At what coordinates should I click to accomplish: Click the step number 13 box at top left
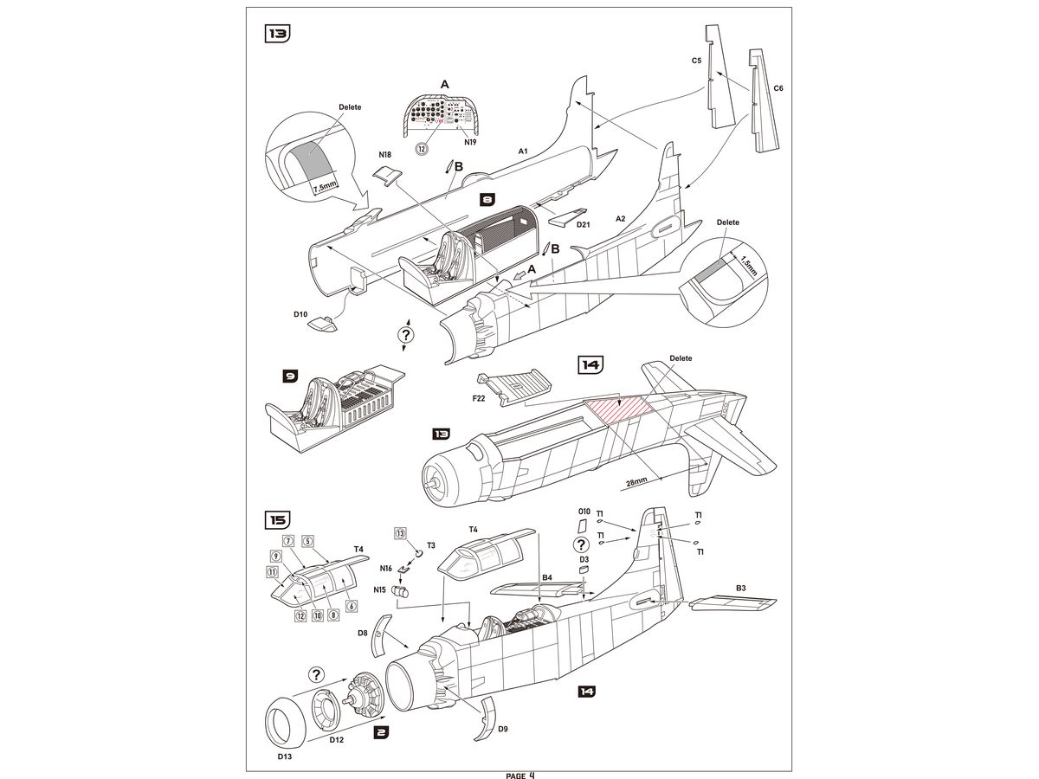(x=277, y=35)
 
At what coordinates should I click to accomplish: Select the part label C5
(x=696, y=61)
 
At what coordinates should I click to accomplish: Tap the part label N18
(x=385, y=155)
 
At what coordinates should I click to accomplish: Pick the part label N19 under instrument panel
(x=471, y=141)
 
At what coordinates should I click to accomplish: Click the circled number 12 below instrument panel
(x=423, y=148)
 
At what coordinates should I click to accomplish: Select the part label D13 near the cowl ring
(x=286, y=756)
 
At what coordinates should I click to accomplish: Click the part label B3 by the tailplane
(x=740, y=589)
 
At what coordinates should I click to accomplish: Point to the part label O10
(x=584, y=512)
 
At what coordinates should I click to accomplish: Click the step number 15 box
(x=277, y=520)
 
